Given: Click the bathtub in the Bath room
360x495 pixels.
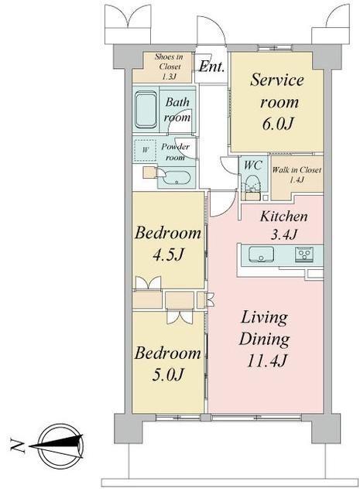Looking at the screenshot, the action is (x=146, y=109).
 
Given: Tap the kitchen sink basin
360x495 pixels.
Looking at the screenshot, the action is (x=261, y=254).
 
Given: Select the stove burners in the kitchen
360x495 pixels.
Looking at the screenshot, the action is (x=304, y=254).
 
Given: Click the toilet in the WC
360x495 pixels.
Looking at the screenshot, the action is (x=252, y=184).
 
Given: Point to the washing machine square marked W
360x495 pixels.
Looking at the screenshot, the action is (x=145, y=150).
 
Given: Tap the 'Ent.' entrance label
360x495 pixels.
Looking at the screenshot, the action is (x=212, y=67).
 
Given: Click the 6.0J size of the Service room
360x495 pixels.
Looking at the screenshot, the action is (x=277, y=124).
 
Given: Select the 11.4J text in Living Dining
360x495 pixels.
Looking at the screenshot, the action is (x=266, y=360).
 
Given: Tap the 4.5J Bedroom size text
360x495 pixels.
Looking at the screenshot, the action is (x=168, y=254).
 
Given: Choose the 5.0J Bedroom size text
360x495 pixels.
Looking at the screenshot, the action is (x=168, y=374).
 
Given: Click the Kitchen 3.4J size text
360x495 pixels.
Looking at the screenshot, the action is (x=284, y=234).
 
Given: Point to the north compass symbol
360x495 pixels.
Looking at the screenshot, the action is (x=60, y=446).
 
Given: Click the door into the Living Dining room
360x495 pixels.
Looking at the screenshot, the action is (x=222, y=203).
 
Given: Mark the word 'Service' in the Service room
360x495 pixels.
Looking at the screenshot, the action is (x=277, y=80).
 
